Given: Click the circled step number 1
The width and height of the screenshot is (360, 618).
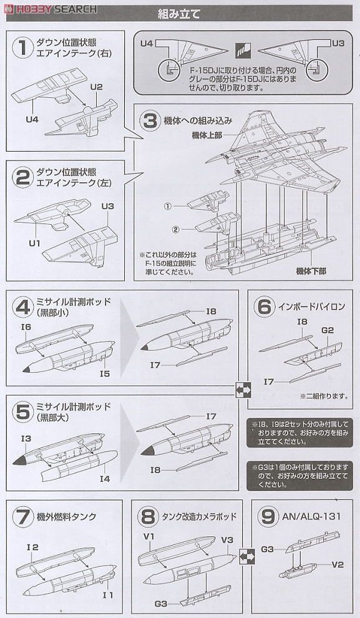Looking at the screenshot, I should (x=23, y=49).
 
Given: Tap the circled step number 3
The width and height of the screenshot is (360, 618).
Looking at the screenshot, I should (x=149, y=120).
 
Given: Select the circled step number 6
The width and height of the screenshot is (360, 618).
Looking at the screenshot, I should (x=263, y=307).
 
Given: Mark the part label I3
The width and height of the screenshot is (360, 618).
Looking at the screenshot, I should (x=26, y=439).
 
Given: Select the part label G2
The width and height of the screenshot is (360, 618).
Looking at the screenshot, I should (x=328, y=330).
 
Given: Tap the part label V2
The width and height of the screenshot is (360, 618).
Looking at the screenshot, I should (x=338, y=565).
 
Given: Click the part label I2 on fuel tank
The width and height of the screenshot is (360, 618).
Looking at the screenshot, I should (x=32, y=546).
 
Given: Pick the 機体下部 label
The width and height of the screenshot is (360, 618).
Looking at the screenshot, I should (x=311, y=271).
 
